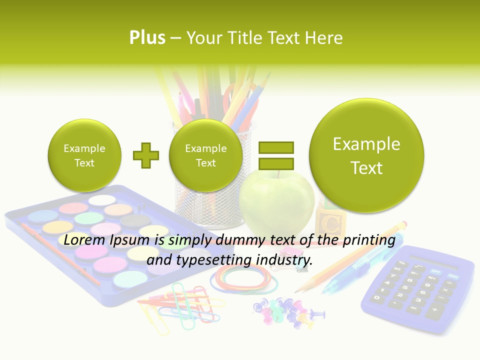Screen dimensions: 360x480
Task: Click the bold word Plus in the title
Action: coord(147,37)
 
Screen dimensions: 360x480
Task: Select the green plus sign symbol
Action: coord(146,155)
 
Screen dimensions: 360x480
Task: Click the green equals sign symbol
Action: coord(275,155)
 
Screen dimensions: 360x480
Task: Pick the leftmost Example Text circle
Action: coord(84,155)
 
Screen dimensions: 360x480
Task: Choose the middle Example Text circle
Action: coord(205,155)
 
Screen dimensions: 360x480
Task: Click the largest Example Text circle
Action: coord(366,155)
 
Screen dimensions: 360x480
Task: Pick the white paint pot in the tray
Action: coord(102,200)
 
